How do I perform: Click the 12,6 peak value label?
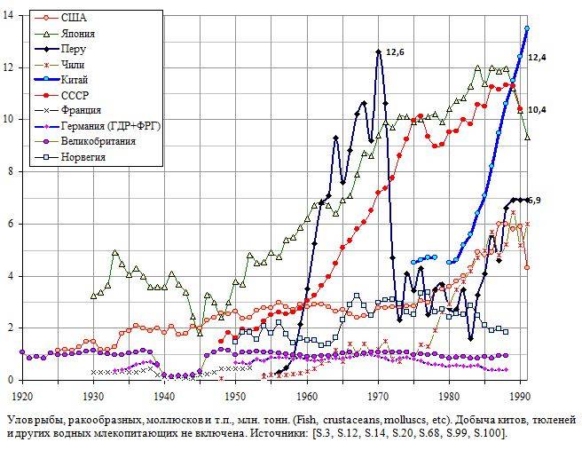[x=396, y=52]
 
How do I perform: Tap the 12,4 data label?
[x=538, y=58]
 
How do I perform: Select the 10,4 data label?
[x=538, y=110]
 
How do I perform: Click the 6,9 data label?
[x=534, y=201]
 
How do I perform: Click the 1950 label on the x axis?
[x=236, y=396]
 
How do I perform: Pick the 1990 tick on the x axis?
[x=522, y=396]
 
